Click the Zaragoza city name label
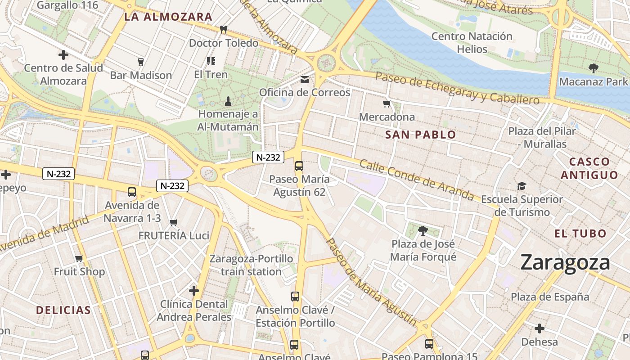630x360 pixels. [x=565, y=262]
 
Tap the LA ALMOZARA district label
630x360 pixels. [x=168, y=17]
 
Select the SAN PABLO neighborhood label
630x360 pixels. [x=420, y=135]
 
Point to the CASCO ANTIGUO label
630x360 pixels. [x=589, y=168]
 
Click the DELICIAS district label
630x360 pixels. [x=63, y=310]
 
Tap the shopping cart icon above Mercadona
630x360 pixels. [x=387, y=104]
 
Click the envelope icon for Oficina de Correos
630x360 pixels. [x=305, y=80]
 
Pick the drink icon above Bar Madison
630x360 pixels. [x=141, y=62]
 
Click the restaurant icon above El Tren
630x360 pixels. [x=211, y=61]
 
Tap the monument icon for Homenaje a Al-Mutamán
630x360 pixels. [x=228, y=100]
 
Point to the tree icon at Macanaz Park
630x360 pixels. [x=593, y=68]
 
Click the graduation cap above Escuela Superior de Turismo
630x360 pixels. [x=522, y=186]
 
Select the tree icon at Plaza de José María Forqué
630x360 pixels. [x=423, y=231]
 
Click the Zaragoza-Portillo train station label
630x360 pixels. [x=251, y=265]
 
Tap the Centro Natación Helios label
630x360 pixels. [x=472, y=42]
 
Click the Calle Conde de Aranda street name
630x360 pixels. [x=416, y=180]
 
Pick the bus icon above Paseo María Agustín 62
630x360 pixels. [x=299, y=166]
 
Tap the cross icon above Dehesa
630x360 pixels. [x=539, y=328]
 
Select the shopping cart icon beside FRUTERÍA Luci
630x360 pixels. [x=174, y=222]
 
